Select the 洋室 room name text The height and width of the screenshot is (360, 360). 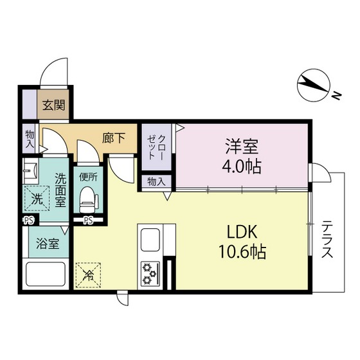pos(242,145)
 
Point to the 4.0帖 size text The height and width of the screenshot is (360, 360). pos(242,166)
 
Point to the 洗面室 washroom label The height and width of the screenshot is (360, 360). pos(61,190)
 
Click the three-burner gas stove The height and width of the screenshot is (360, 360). pos(151,273)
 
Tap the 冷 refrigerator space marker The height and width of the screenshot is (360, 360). pos(88,275)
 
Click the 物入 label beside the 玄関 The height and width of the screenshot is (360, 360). pos(30,140)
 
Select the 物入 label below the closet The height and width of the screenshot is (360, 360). pos(156,182)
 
